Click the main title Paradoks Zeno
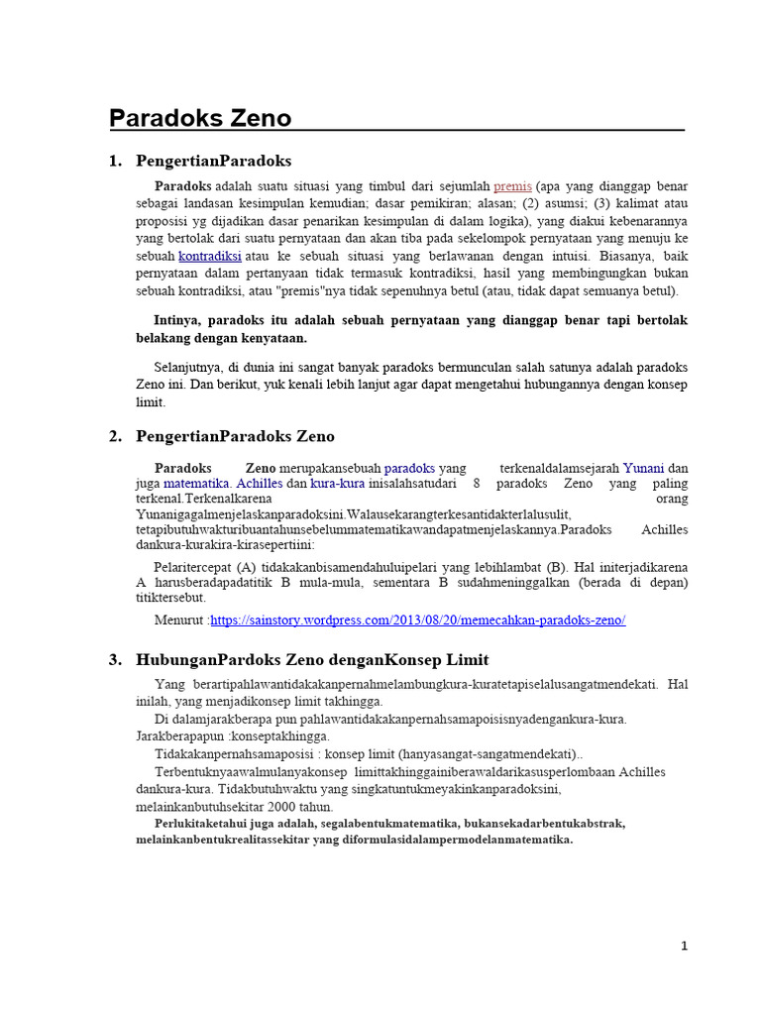click(200, 119)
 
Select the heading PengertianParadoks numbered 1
click(213, 161)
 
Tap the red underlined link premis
click(513, 186)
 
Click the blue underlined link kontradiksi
click(209, 255)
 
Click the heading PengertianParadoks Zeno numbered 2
click(235, 436)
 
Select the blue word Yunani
click(642, 468)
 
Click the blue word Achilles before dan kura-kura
click(260, 484)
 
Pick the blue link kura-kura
click(338, 484)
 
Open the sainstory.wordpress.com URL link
click(418, 620)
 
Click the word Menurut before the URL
click(180, 620)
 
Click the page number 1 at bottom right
click(684, 947)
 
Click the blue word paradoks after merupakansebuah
click(409, 468)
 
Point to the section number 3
click(115, 659)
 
